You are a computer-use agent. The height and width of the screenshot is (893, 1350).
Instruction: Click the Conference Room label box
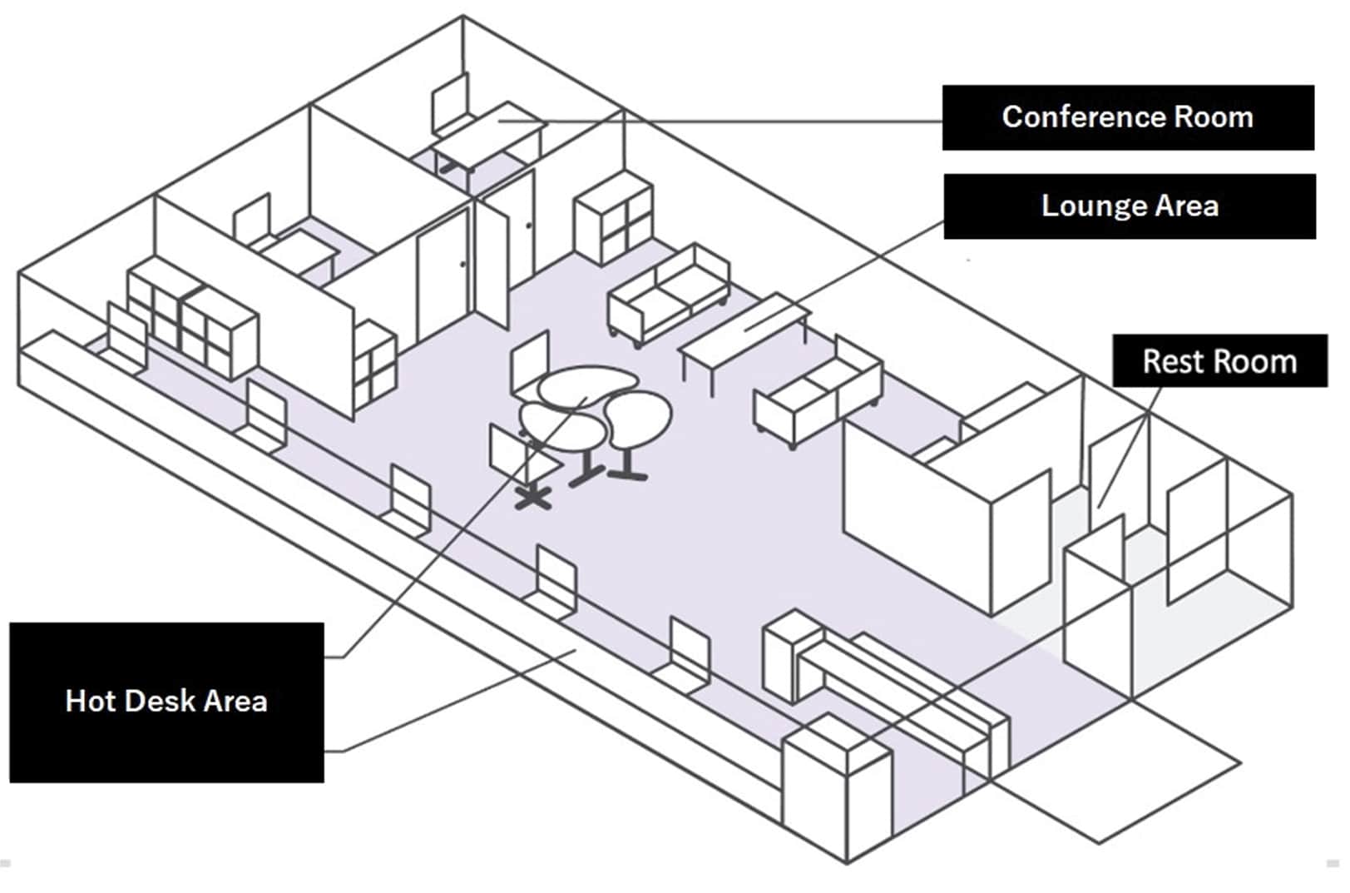[x=1127, y=117]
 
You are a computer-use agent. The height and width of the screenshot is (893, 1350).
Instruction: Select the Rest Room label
[x=1219, y=361]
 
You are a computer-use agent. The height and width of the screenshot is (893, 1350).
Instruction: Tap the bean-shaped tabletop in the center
[x=586, y=386]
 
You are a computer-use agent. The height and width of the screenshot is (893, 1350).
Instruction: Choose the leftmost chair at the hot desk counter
[x=125, y=337]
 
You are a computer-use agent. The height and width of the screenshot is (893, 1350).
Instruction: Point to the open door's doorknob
[x=529, y=225]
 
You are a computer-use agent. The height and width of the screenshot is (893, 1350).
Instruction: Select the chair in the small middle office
[x=252, y=221]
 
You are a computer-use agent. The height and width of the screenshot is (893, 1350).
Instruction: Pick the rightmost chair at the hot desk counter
[x=690, y=653]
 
